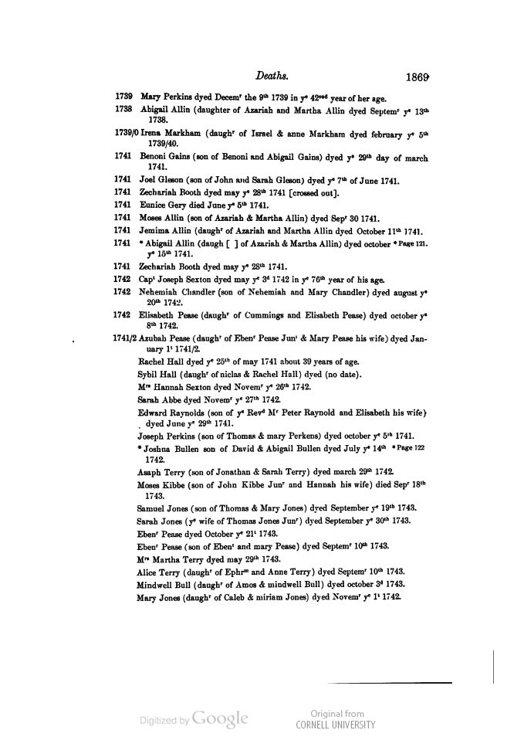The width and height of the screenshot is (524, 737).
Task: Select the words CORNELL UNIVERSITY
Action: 336,725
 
